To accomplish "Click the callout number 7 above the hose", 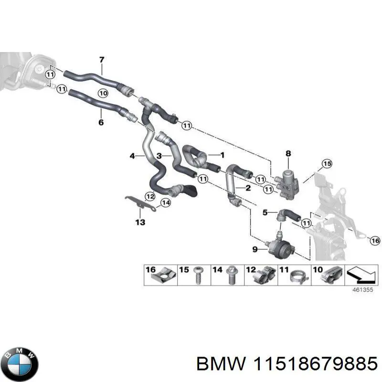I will pos(101,60).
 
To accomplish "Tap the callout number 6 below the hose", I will pos(101,123).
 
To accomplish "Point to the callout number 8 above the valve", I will pos(287,154).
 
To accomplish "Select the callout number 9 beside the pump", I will pos(255,249).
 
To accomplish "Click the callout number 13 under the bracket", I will pos(140,222).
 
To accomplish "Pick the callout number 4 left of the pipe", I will pos(132,156).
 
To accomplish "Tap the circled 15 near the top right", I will pos(326,164).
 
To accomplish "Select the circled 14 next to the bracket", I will pos(165,203).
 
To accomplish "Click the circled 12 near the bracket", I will pos(150,195).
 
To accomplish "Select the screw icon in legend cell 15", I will pos(197,277).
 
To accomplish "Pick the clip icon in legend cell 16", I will pos(165,276).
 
